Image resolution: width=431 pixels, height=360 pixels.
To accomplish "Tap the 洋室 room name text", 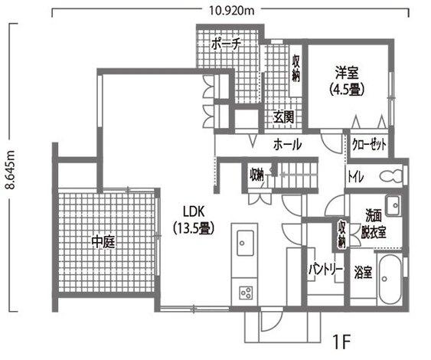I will pos(346,74).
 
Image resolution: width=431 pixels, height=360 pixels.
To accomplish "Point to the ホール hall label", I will pos(287,144).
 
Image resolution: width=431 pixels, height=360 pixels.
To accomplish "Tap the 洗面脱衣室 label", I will pos(373,222).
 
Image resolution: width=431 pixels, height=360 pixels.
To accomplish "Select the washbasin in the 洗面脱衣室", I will pos(393,205).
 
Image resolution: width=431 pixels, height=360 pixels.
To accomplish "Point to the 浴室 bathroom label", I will pos(363,271).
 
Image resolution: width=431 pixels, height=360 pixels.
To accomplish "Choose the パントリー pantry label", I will pos(325,270).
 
